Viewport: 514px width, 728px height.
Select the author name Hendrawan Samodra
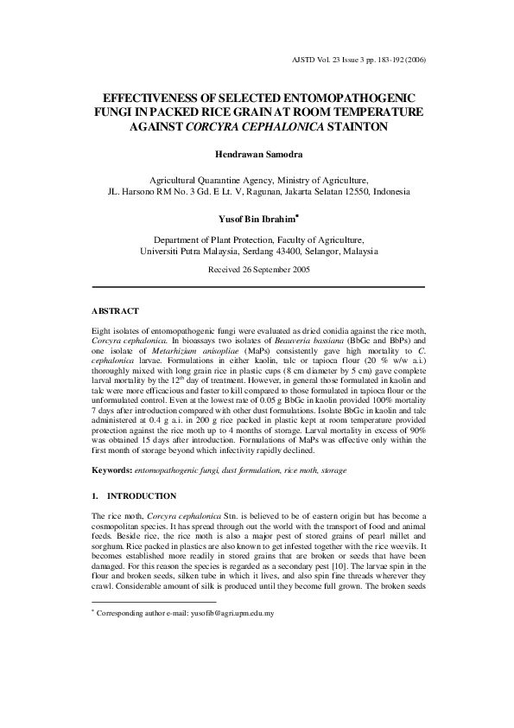pos(257,153)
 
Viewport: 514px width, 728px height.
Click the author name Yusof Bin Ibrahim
pos(254,220)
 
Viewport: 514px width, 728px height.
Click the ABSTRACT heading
pos(114,310)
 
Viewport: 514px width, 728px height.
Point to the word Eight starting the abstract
pos(101,331)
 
